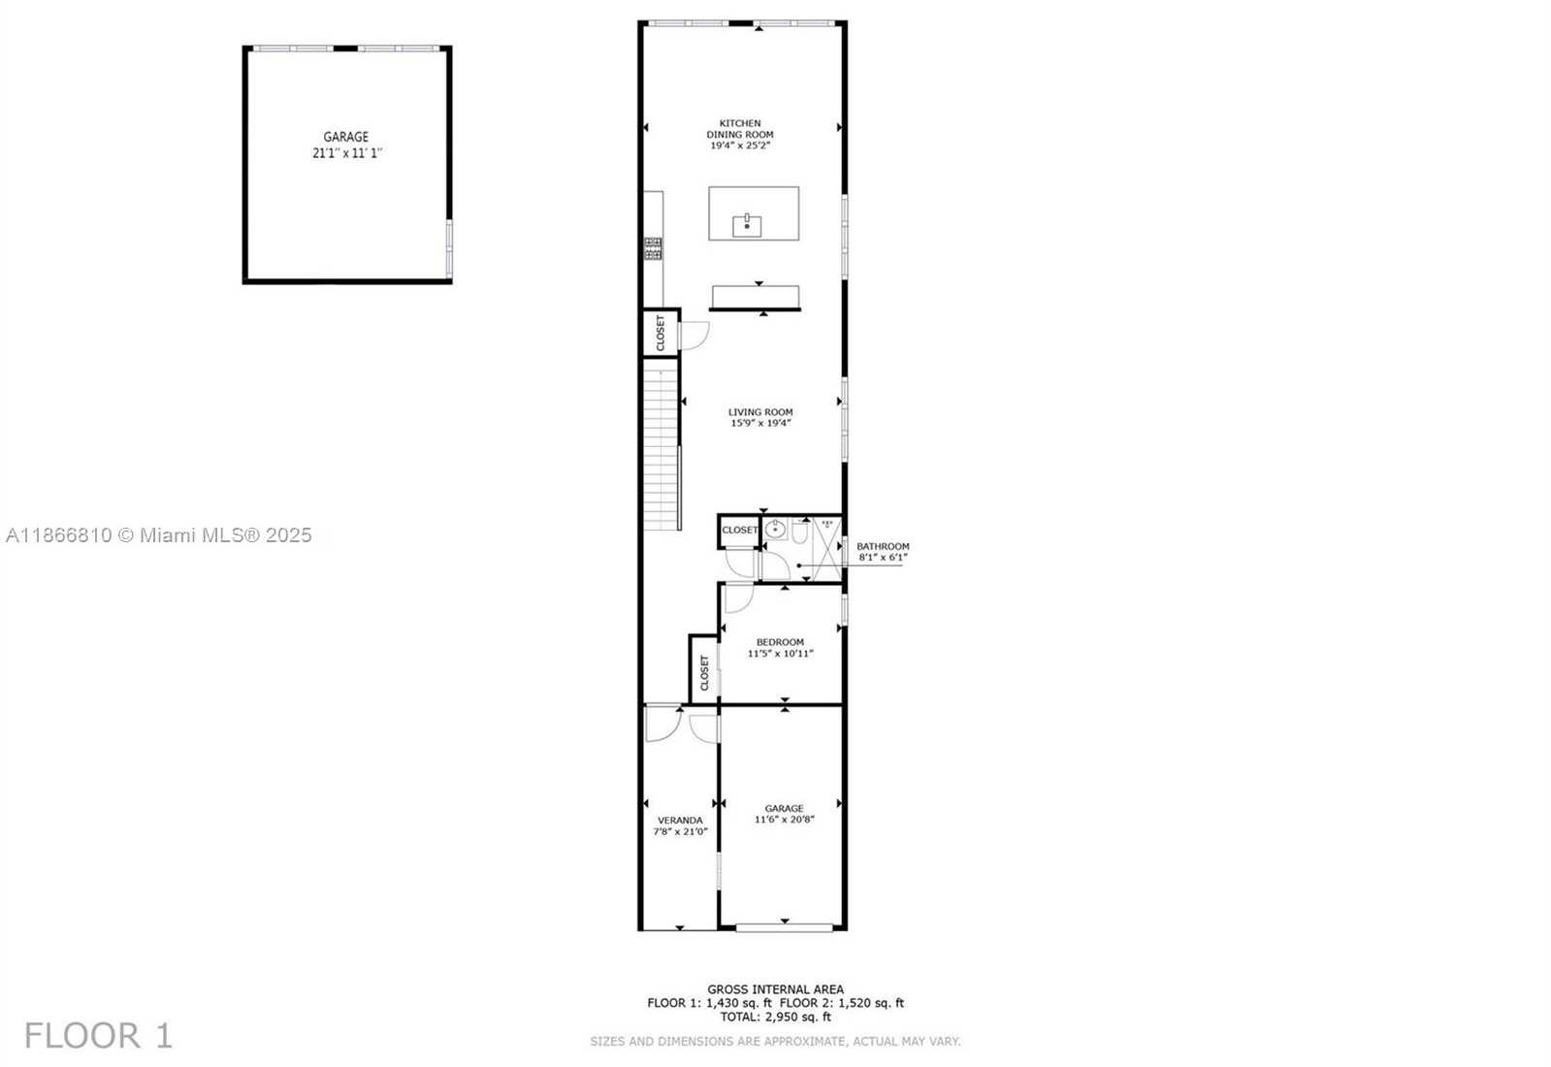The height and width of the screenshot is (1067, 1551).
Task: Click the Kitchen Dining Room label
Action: [x=739, y=129]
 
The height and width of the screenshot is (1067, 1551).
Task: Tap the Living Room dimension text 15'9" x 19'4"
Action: [x=760, y=422]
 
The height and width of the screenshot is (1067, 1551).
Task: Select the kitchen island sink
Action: [x=747, y=226]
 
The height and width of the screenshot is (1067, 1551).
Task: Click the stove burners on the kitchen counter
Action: [x=653, y=248]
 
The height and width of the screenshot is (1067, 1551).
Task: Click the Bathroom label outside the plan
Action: [x=883, y=546]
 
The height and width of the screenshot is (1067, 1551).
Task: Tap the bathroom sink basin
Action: [x=776, y=531]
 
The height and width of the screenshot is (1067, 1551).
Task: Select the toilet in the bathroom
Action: [x=799, y=532]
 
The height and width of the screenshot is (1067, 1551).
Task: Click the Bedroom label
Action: [x=780, y=642]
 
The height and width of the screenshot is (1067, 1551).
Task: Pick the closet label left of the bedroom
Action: [x=705, y=672]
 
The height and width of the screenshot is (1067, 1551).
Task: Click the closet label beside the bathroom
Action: [x=739, y=531]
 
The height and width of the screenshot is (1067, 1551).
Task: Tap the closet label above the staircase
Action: [x=660, y=333]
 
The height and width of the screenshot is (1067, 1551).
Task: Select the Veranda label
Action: [x=679, y=820]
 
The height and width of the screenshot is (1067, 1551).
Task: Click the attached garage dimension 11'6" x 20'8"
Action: [x=784, y=819]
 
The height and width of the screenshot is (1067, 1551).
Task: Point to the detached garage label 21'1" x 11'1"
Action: [x=347, y=153]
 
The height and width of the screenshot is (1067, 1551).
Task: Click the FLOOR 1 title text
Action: [x=98, y=1036]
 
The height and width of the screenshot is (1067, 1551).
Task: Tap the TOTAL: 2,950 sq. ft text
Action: [x=775, y=1018]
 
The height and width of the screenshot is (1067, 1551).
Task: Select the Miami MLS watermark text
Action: [x=158, y=535]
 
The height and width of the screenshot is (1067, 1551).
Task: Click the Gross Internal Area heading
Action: [x=775, y=989]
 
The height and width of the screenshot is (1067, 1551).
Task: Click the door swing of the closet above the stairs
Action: [x=695, y=336]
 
